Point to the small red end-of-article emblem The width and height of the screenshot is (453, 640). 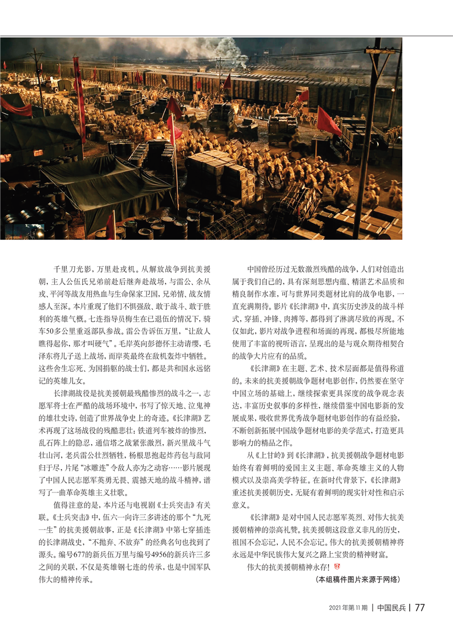(337, 566)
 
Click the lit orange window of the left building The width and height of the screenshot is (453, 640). (38, 153)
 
